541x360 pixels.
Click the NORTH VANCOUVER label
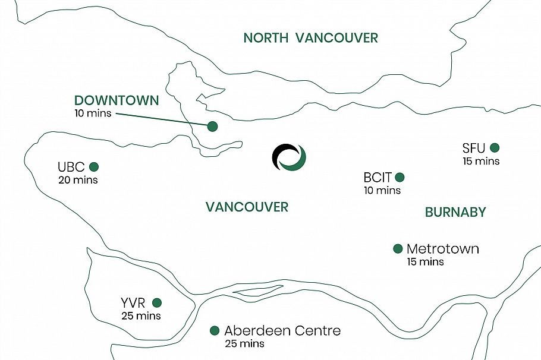click(x=310, y=38)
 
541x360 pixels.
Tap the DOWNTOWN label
click(x=117, y=100)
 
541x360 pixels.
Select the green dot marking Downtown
click(x=212, y=127)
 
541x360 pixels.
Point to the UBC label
click(x=71, y=167)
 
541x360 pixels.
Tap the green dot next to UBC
click(x=93, y=167)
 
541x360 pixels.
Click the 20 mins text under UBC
click(x=78, y=179)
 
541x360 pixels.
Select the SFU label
click(x=474, y=148)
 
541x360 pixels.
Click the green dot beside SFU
click(x=495, y=147)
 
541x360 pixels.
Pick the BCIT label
click(x=378, y=178)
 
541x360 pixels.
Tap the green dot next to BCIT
click(x=400, y=177)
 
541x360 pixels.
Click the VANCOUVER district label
click(x=247, y=207)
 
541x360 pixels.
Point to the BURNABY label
click(x=455, y=212)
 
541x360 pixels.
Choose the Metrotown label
click(x=442, y=249)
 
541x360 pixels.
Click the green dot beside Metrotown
click(x=398, y=248)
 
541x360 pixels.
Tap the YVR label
click(x=133, y=303)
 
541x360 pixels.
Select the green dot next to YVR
click(x=156, y=302)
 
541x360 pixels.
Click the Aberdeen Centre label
click(x=282, y=331)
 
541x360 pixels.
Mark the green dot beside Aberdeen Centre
click(x=214, y=330)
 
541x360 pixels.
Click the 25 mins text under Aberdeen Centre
click(x=244, y=343)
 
